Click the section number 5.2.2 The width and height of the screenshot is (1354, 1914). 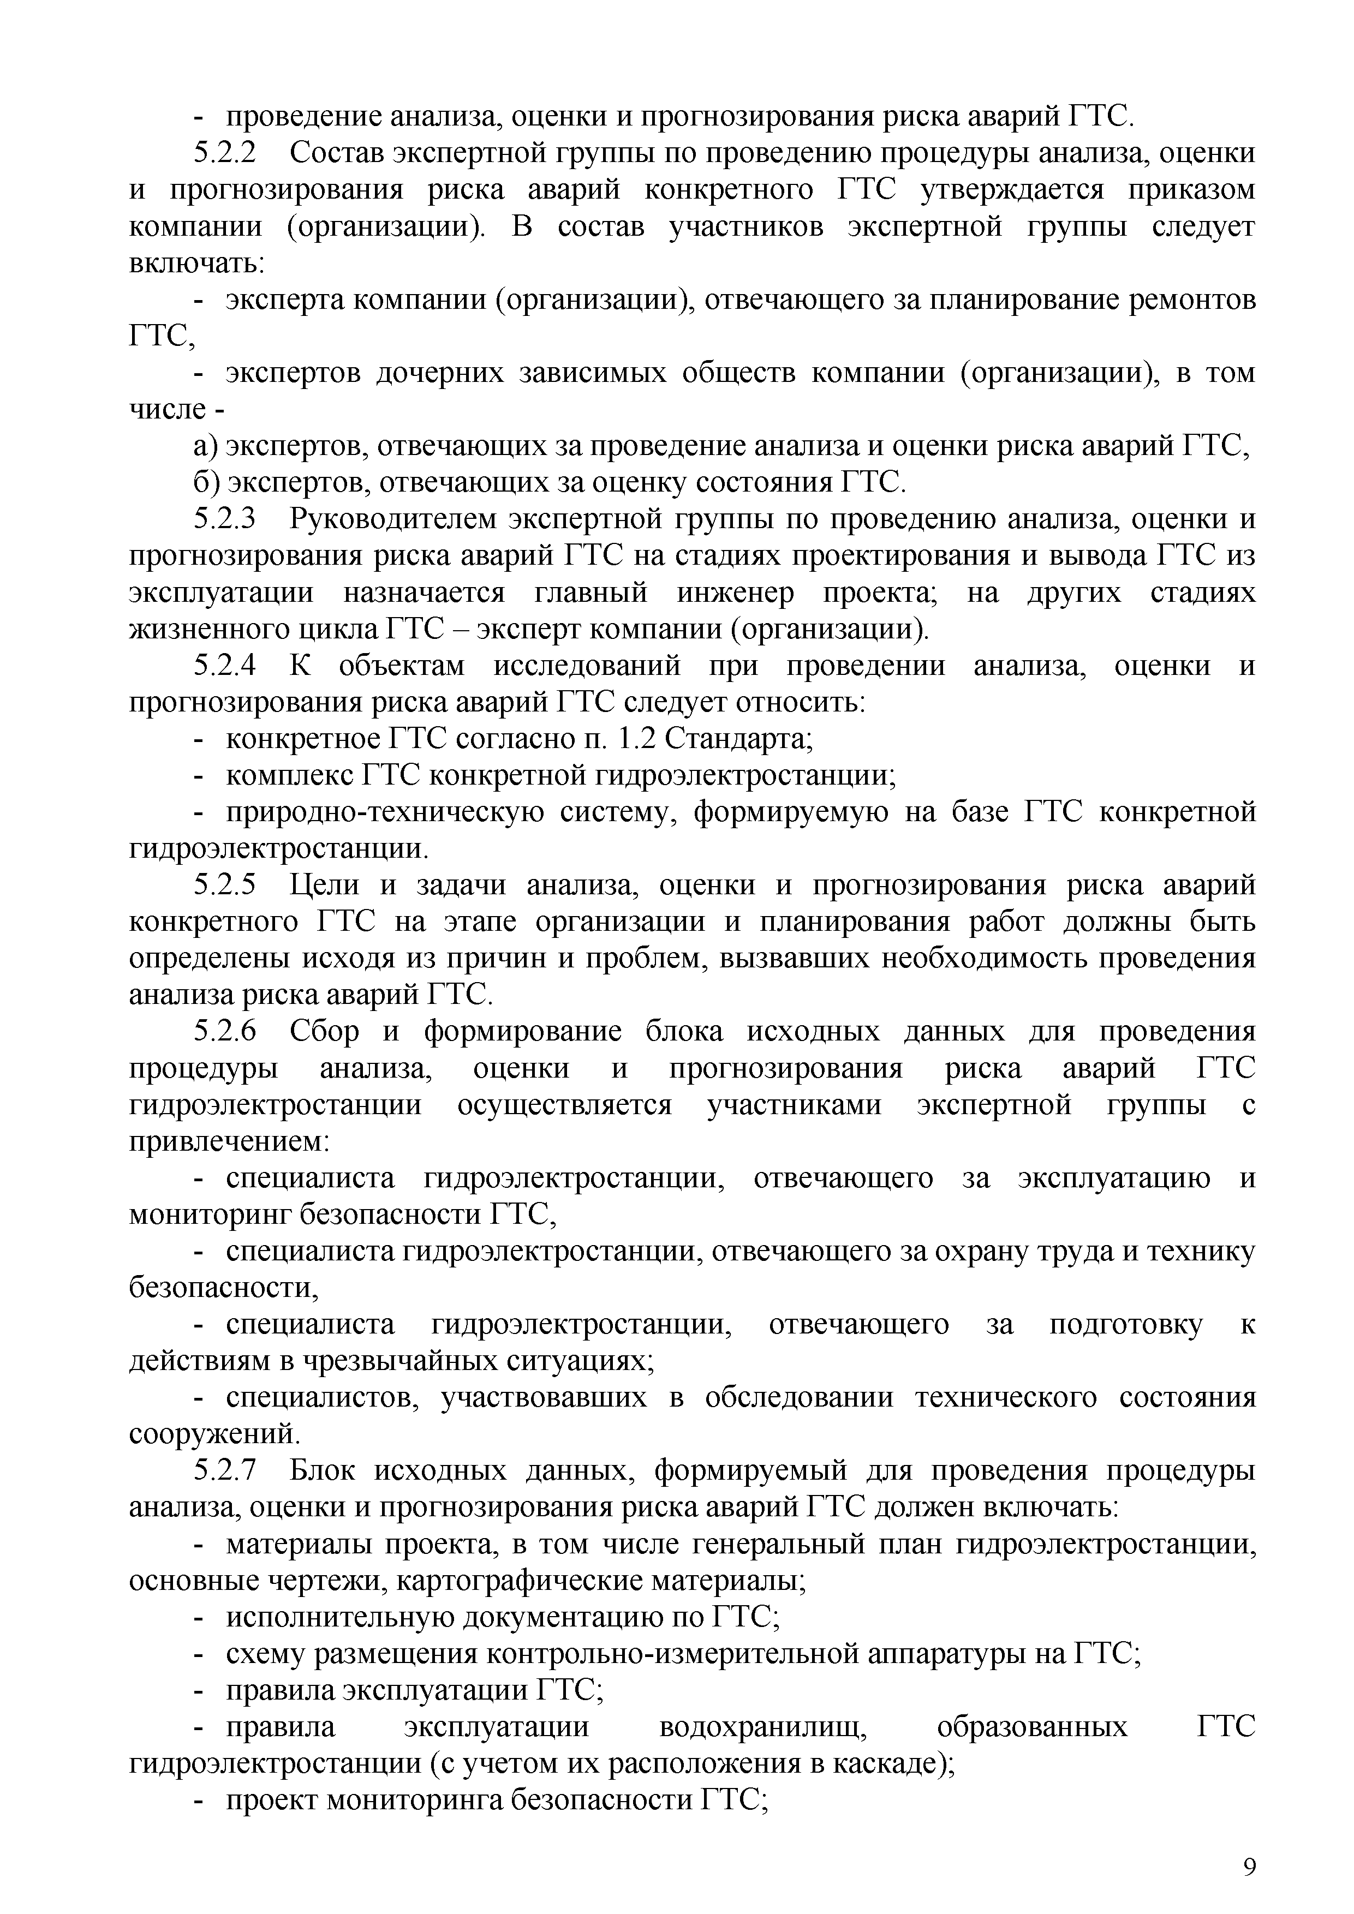226,153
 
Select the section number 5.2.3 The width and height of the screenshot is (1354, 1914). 226,519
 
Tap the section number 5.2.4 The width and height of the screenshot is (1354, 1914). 226,666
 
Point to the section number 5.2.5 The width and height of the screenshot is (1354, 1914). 226,886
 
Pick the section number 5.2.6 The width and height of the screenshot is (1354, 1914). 226,1032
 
